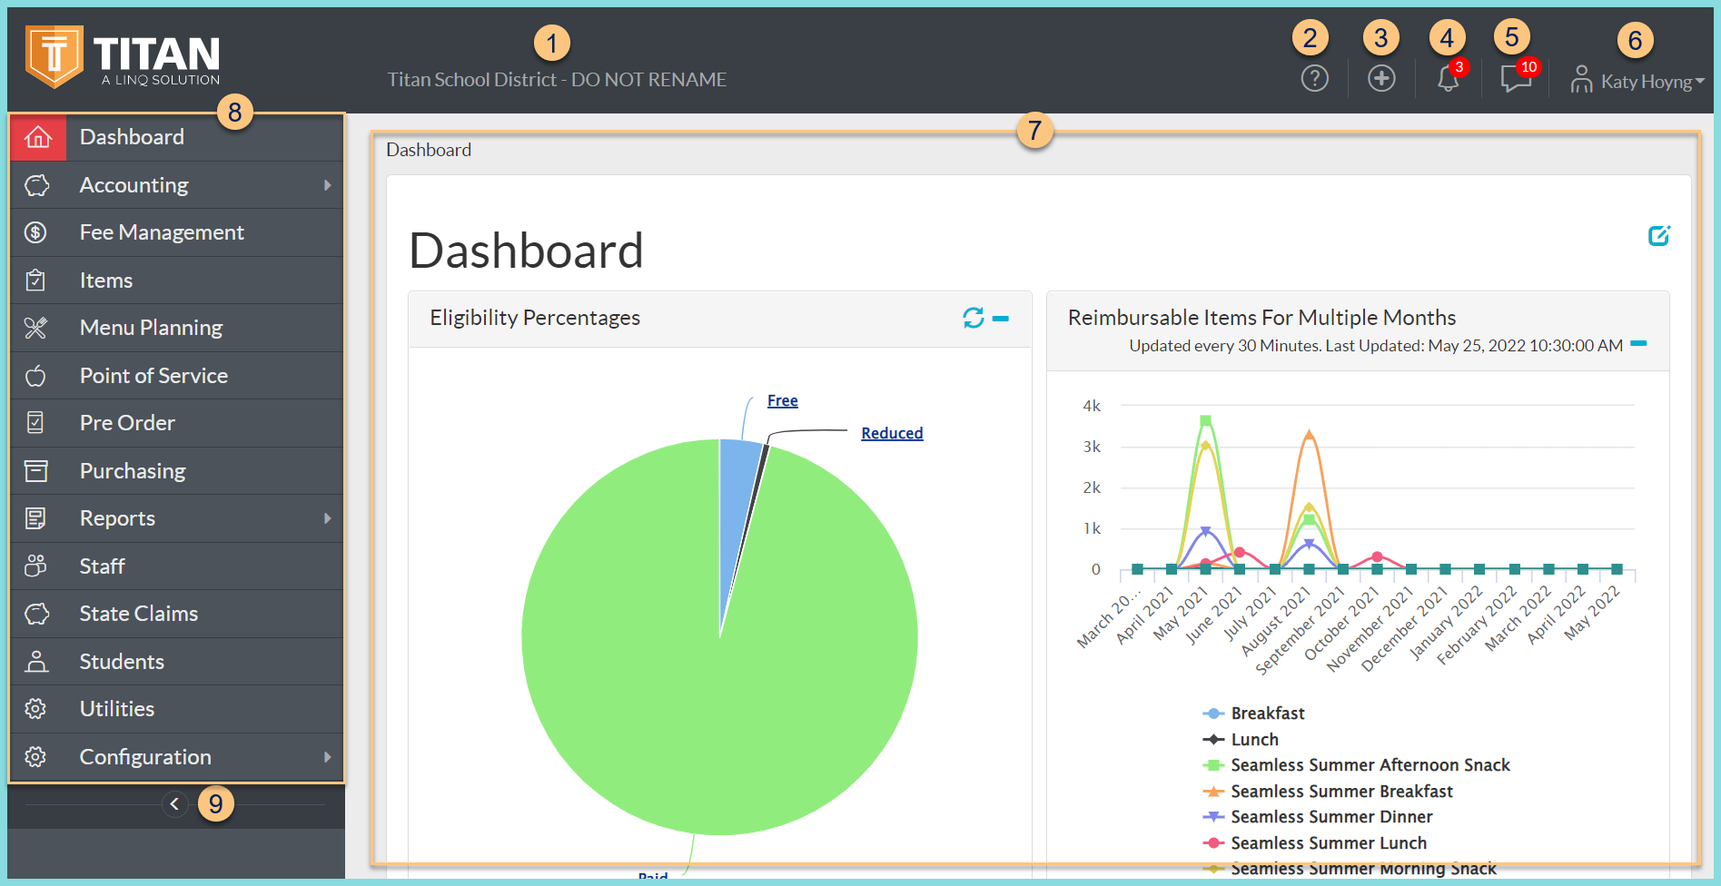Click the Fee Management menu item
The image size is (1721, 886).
click(x=161, y=232)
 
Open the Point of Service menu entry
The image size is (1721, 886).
click(x=153, y=376)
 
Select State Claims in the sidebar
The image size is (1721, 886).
click(x=138, y=614)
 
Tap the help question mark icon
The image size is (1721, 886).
click(x=1314, y=79)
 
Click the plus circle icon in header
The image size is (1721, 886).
click(x=1381, y=79)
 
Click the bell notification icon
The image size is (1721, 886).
click(x=1448, y=80)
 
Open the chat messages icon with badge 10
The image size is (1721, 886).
click(x=1515, y=79)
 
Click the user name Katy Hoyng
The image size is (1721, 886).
click(x=1646, y=82)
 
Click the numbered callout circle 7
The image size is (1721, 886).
click(x=1034, y=131)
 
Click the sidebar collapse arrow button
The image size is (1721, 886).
click(x=174, y=804)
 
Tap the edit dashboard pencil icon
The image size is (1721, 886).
click(x=1658, y=236)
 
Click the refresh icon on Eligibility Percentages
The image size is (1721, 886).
click(x=973, y=318)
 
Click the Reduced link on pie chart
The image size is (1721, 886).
click(x=891, y=434)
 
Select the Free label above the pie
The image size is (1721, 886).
click(x=782, y=401)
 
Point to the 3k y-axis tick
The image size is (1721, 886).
click(x=1092, y=447)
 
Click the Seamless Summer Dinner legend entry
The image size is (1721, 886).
click(x=1330, y=817)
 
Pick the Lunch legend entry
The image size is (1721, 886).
click(x=1253, y=740)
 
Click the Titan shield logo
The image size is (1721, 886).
click(x=54, y=56)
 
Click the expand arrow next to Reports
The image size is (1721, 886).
click(x=327, y=518)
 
